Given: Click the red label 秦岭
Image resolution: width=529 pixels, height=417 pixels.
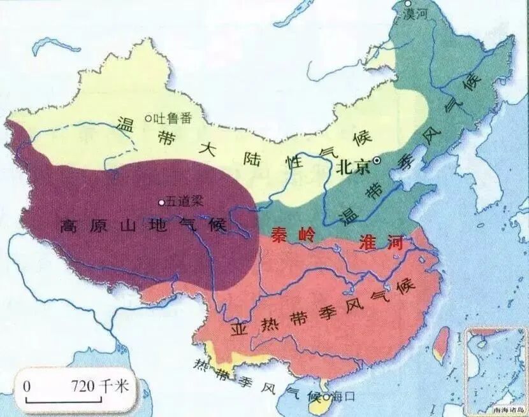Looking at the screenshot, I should click(288, 234).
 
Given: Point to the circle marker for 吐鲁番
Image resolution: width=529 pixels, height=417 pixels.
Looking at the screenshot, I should click(147, 117).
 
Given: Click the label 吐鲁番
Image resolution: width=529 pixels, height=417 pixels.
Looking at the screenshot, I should click(170, 118).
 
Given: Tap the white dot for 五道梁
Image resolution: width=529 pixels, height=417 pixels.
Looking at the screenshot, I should click(161, 202).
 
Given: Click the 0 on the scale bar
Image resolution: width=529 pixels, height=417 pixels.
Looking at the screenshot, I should click(27, 386).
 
